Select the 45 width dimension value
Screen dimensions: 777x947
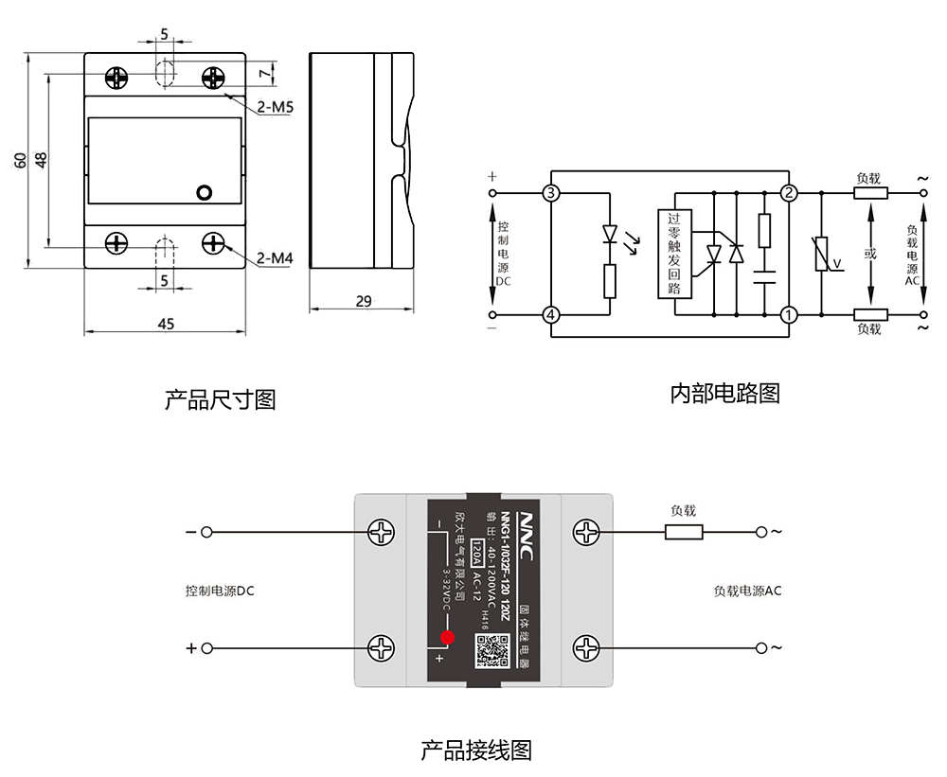tap(166, 324)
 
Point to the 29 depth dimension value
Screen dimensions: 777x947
tap(363, 301)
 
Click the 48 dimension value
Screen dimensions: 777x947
tap(41, 160)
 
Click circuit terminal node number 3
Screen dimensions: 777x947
tap(551, 194)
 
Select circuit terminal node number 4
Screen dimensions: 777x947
tap(551, 315)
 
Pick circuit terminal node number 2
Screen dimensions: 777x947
tap(788, 194)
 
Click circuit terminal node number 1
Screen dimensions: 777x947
tap(788, 315)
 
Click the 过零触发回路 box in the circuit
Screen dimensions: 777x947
tap(673, 254)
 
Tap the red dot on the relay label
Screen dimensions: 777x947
tap(447, 637)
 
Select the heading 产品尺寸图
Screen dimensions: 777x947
tap(221, 399)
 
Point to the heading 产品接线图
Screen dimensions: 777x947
tap(476, 751)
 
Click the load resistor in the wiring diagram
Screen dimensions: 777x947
tap(684, 532)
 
